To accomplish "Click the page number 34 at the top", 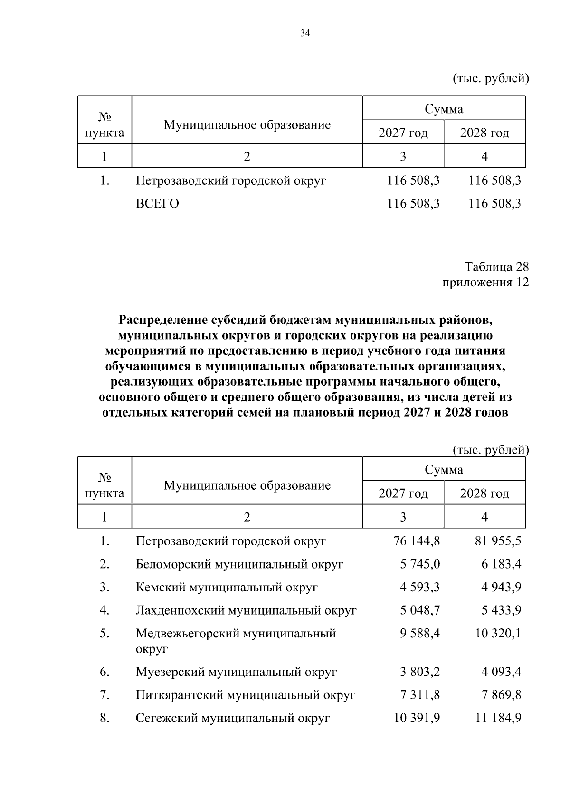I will tap(305, 33).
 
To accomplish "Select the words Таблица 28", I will tap(496, 266).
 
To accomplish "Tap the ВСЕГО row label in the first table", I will tap(157, 204).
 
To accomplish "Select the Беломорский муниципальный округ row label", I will tap(239, 564).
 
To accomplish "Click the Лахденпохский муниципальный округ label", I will tap(246, 610).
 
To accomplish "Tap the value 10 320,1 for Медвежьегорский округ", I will tap(498, 634).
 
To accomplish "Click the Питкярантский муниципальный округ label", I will tap(245, 695).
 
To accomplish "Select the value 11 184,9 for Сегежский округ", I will tap(498, 718).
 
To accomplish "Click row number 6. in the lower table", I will tap(104, 672).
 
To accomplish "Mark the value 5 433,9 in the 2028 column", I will tap(501, 610).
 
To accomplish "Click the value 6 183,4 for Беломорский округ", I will tap(501, 564).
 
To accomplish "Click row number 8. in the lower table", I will tap(104, 718).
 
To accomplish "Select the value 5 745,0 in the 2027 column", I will tap(419, 564).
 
